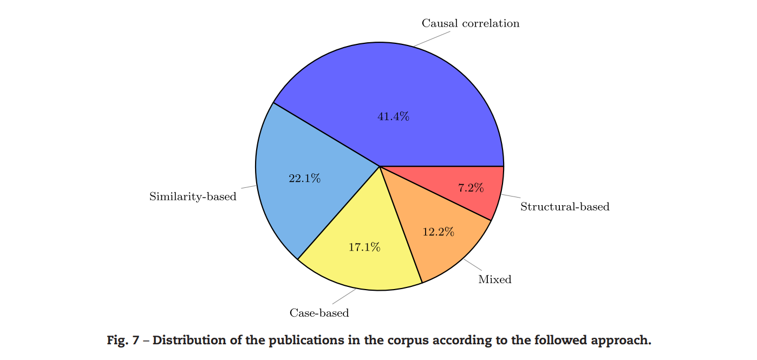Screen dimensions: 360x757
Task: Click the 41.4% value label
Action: (393, 116)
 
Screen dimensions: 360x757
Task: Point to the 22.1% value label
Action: (304, 178)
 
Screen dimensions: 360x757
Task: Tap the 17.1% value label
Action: (364, 247)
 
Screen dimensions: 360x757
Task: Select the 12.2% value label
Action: (438, 232)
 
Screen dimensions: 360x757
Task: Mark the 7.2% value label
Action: (471, 188)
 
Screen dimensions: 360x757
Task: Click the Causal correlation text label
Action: (470, 23)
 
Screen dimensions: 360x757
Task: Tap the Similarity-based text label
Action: (193, 197)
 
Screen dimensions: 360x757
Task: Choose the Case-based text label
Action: (319, 313)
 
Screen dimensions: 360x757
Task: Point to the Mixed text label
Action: (494, 279)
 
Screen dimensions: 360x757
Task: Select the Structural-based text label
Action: (565, 207)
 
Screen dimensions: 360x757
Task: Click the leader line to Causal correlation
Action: (432, 39)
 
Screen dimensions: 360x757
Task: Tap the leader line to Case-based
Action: (344, 296)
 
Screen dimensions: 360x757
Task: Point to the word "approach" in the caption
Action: (622, 341)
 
